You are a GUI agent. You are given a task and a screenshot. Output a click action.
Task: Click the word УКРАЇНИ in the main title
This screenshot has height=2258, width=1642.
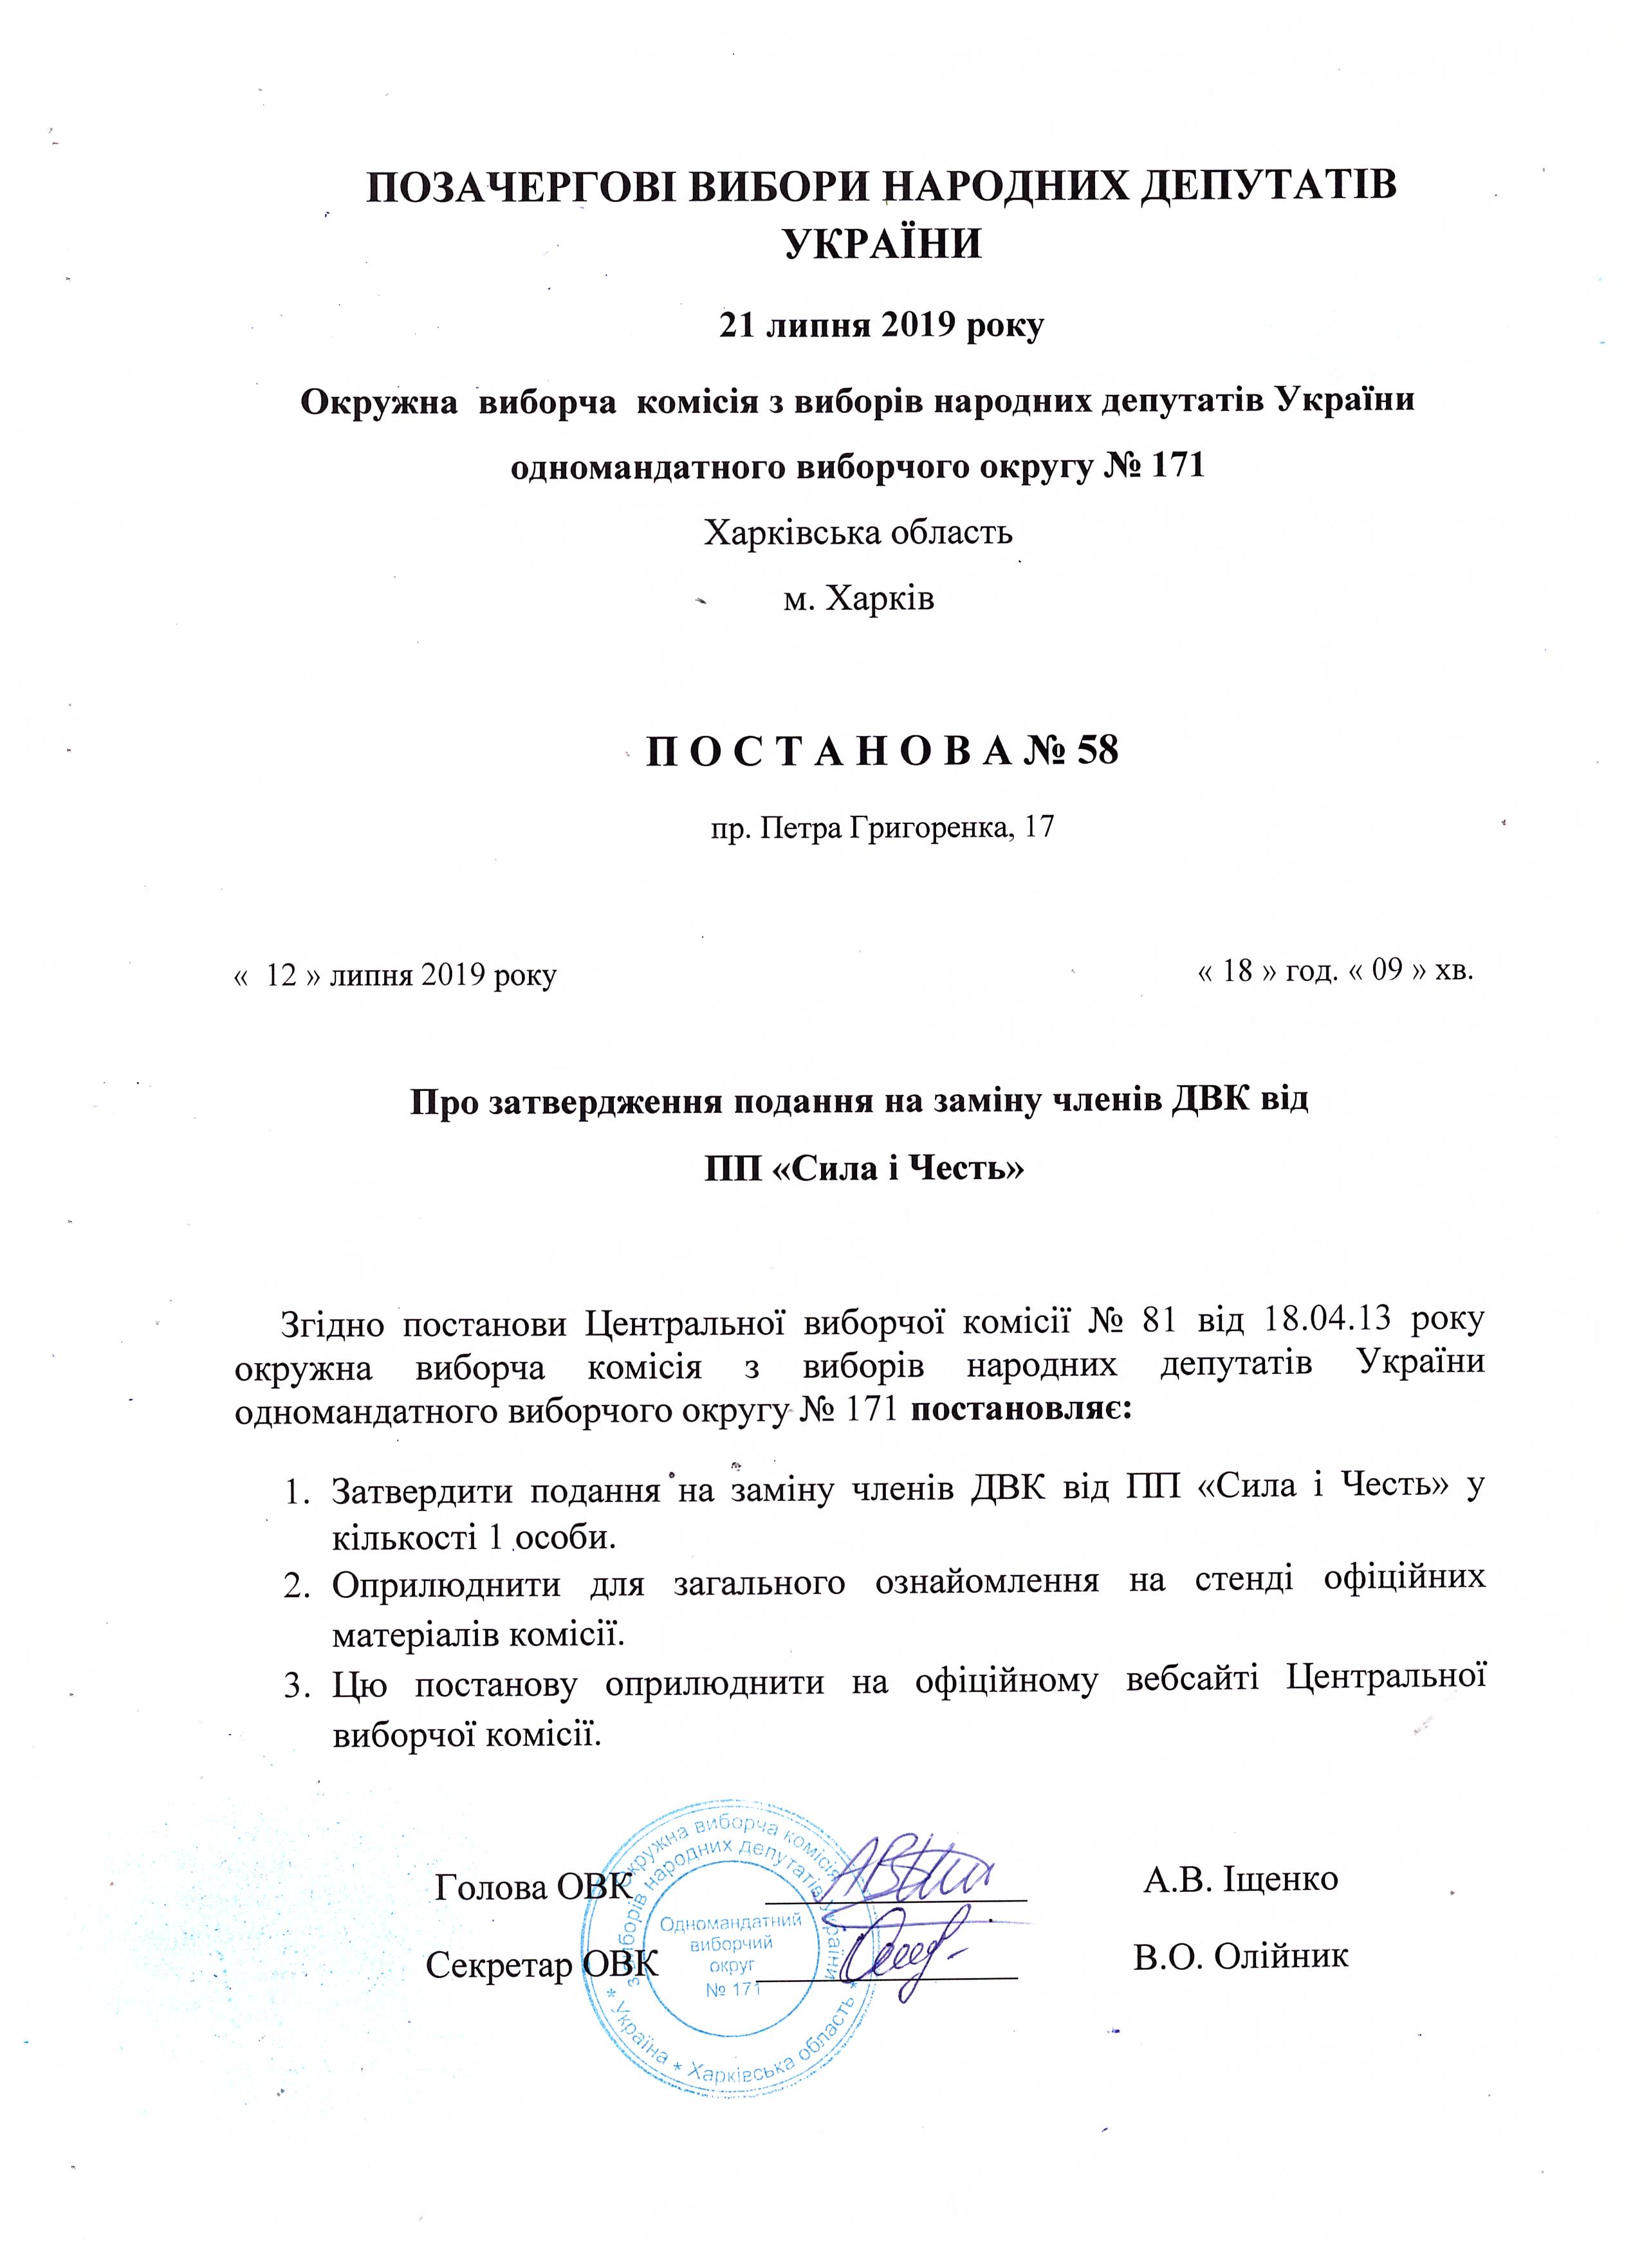click(x=882, y=244)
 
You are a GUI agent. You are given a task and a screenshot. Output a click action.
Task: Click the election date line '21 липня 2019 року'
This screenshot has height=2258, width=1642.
click(x=881, y=327)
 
